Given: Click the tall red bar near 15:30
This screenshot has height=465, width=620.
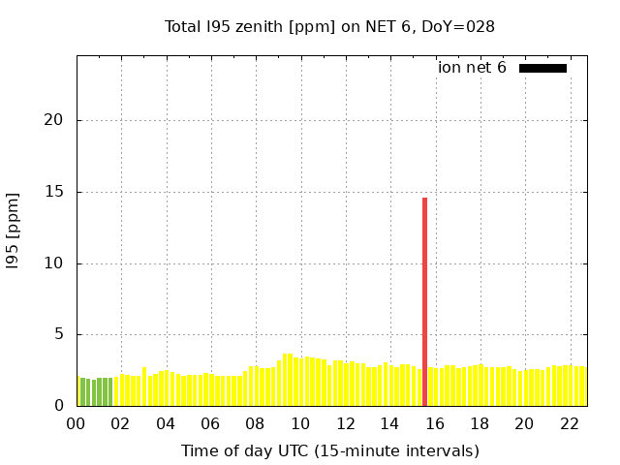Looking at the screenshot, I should click(424, 300).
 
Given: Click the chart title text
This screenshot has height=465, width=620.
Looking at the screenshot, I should click(329, 26).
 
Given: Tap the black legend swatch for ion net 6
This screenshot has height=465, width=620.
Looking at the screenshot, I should click(542, 68).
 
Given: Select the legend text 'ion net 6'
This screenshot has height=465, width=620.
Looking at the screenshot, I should click(472, 68).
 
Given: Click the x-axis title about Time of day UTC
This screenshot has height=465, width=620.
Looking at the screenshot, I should click(329, 450).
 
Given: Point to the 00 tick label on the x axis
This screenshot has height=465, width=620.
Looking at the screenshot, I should click(77, 424).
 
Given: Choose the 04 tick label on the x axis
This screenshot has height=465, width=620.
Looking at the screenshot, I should click(166, 424).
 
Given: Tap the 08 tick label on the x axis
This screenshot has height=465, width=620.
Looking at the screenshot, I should click(256, 424).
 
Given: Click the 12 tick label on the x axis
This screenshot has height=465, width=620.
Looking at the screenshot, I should click(345, 424).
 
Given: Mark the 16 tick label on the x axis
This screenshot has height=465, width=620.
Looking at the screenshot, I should click(435, 424).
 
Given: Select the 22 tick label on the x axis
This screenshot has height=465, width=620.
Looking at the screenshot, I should click(569, 424).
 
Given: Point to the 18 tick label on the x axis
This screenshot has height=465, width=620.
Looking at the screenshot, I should click(480, 424).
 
